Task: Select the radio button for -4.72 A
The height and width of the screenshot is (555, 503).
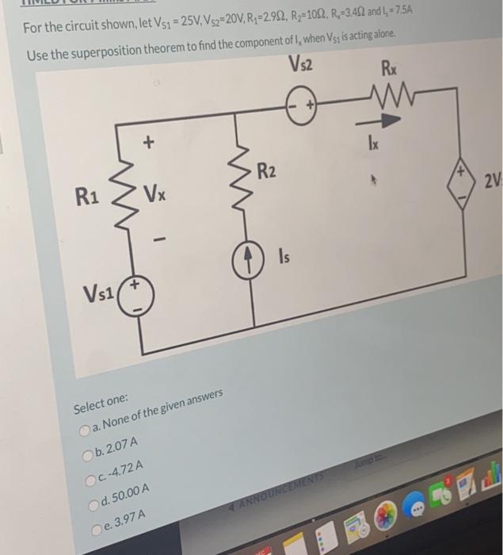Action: pos(90,479)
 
